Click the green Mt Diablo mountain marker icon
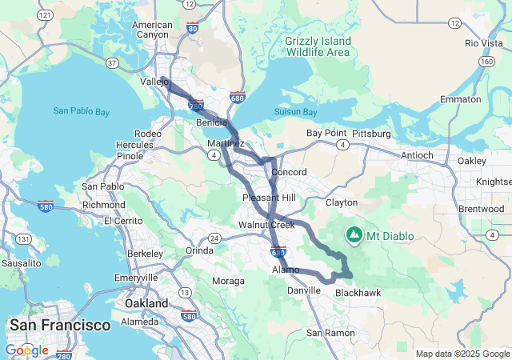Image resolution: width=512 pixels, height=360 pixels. coord(354,235)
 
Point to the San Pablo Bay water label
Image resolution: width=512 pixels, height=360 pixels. coord(82,111)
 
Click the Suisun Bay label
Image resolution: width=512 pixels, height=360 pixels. coord(297,112)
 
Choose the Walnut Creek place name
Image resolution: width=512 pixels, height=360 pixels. coord(266,225)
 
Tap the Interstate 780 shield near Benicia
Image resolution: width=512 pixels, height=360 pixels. coord(196,105)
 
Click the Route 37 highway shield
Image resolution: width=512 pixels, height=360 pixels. coord(113,62)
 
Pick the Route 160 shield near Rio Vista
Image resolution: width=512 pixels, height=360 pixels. coord(486,61)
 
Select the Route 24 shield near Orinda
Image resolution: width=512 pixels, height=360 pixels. coord(214,238)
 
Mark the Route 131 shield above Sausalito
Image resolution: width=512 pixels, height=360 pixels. coord(26,239)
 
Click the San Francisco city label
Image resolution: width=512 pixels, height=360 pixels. coord(59,325)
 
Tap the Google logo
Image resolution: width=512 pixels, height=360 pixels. coord(26,350)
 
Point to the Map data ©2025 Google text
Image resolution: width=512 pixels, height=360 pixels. coord(462,354)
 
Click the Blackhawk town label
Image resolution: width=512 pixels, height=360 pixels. coord(358,293)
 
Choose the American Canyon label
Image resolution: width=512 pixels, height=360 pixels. coord(154,30)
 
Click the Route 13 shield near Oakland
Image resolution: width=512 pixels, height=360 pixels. coord(184,292)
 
